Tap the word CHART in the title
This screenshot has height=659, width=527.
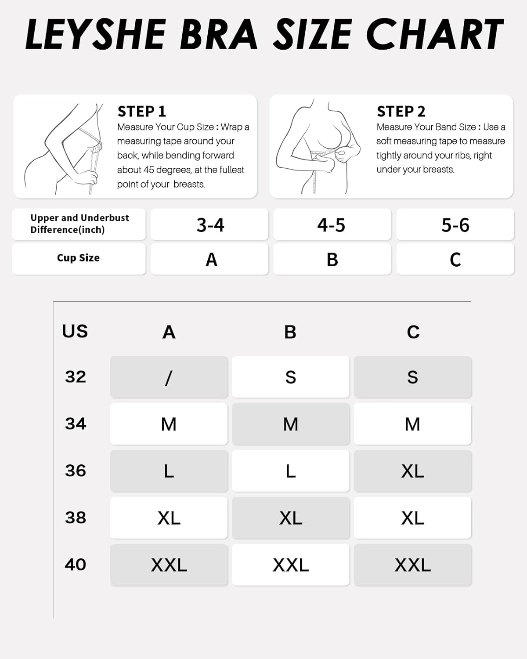coord(435,34)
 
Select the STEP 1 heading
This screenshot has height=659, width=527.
coord(141,112)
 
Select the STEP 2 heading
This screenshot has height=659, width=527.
coord(401,112)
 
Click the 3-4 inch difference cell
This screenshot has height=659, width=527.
coord(209,224)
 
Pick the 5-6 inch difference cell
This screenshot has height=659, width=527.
coord(455,224)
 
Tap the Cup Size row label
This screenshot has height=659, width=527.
coord(79,258)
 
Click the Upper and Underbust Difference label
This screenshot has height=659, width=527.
coord(79,224)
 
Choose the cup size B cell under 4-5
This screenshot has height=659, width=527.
coord(332,259)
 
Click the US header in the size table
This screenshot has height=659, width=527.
coord(75,331)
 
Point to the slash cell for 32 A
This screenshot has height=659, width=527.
coord(169,377)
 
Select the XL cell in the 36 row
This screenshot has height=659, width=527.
coord(412,471)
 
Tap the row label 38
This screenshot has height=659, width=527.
coord(76,518)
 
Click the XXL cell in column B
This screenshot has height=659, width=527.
coord(290,565)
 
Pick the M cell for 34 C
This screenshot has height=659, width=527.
coord(412,424)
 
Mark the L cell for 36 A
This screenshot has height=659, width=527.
coord(169,471)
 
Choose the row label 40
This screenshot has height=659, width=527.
coord(76,565)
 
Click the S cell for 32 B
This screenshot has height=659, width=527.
coord(290,377)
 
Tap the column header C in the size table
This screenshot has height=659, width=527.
coord(413,332)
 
